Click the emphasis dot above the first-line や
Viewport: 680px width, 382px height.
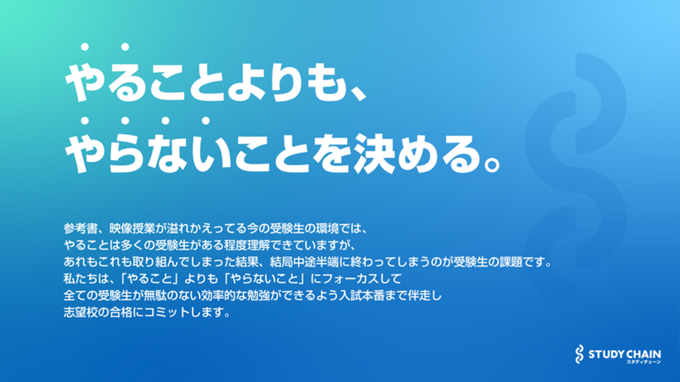pos(85,47)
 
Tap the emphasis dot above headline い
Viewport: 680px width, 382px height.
pos(206,121)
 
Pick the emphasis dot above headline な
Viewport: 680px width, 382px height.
pos(165,121)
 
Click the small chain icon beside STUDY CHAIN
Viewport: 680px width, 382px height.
pos(579,354)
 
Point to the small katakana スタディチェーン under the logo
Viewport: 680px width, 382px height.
pos(644,362)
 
